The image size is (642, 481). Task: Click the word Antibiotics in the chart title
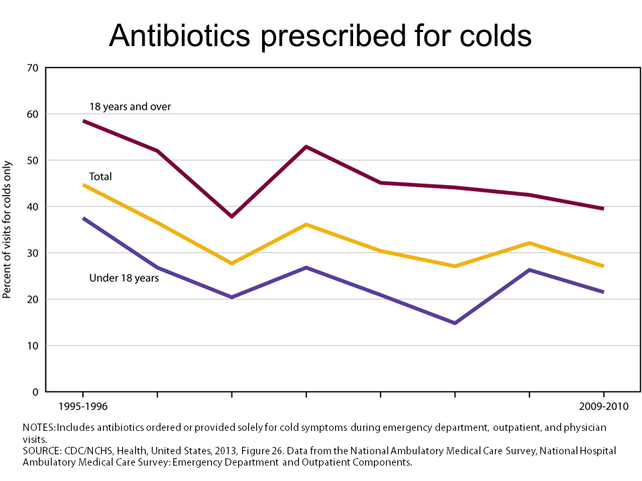pyautogui.click(x=179, y=35)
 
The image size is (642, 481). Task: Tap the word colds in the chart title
pyautogui.click(x=496, y=35)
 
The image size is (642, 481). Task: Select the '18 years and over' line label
pyautogui.click(x=130, y=107)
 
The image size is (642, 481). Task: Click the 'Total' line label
pyautogui.click(x=100, y=176)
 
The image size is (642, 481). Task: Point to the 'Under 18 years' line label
pyautogui.click(x=124, y=278)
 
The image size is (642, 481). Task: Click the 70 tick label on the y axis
pyautogui.click(x=33, y=68)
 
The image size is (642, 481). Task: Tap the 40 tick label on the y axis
pyautogui.click(x=33, y=207)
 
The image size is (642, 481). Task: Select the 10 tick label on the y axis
pyautogui.click(x=33, y=346)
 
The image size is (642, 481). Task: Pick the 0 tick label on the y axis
pyautogui.click(x=35, y=392)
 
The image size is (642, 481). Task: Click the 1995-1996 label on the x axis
pyautogui.click(x=83, y=406)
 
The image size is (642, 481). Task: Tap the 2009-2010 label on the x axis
pyautogui.click(x=603, y=406)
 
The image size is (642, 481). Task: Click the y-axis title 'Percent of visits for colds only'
pyautogui.click(x=7, y=230)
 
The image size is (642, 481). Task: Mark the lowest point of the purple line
pyautogui.click(x=455, y=323)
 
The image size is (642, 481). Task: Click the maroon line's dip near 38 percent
pyautogui.click(x=232, y=216)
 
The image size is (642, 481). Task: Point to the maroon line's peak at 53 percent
pyautogui.click(x=306, y=146)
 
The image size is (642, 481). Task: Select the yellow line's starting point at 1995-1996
pyautogui.click(x=84, y=185)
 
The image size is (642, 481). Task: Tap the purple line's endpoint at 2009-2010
pyautogui.click(x=603, y=292)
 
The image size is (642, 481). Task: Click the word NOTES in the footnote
pyautogui.click(x=39, y=428)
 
